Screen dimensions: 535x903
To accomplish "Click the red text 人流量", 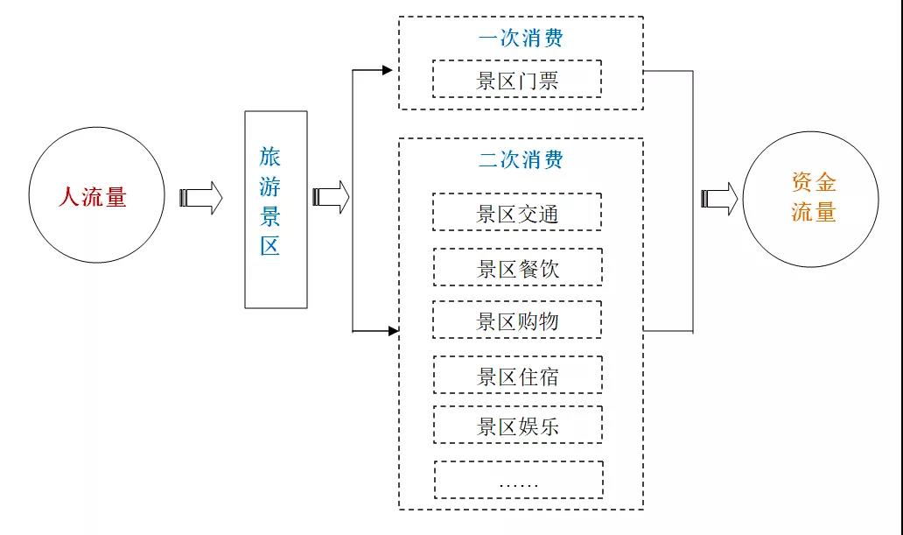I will [x=93, y=196].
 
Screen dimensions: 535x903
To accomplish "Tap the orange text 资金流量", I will [x=814, y=197].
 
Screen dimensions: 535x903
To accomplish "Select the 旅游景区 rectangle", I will [x=276, y=209].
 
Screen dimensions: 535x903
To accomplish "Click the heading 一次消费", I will [x=521, y=39].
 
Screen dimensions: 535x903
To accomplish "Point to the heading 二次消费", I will [x=521, y=159].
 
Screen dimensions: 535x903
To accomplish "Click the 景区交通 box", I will [x=517, y=212].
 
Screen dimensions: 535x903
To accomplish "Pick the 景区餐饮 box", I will [x=517, y=267].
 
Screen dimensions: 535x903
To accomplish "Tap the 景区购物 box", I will [x=517, y=320].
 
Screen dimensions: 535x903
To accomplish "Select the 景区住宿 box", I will [x=517, y=376].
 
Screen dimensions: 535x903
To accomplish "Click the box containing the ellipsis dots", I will [x=517, y=480].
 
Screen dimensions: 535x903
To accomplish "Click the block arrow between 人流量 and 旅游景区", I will [x=201, y=197].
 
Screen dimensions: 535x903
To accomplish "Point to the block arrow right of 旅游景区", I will [x=332, y=197].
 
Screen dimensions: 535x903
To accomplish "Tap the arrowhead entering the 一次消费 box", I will [x=388, y=69].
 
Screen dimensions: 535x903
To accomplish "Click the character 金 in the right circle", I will [x=825, y=182].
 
